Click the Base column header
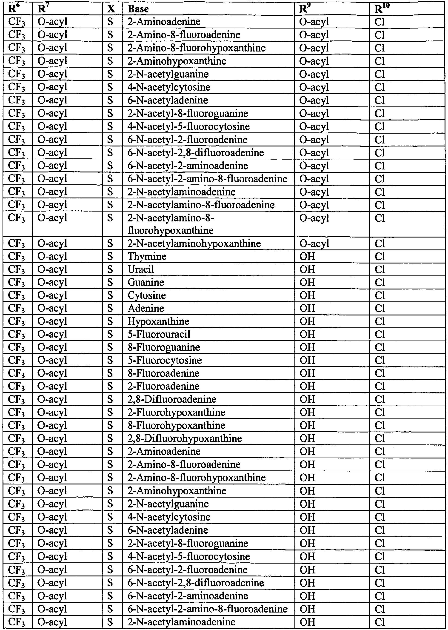point(138,9)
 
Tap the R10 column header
point(382,9)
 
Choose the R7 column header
point(42,9)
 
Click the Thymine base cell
point(147,256)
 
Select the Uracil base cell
point(141,269)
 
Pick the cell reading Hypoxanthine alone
point(158,321)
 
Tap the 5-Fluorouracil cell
point(159,334)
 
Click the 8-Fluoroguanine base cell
point(164,347)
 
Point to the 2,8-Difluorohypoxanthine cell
point(185,438)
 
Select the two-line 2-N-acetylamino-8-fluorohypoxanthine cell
point(171,224)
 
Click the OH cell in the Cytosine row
point(307,295)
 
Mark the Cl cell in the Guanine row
point(380,282)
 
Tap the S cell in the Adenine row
point(110,308)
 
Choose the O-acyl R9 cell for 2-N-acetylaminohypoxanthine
point(314,243)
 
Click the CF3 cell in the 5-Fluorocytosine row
point(17,360)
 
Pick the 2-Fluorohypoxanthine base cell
point(176,412)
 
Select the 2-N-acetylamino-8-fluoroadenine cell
point(201,205)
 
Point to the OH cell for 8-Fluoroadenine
point(307,373)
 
